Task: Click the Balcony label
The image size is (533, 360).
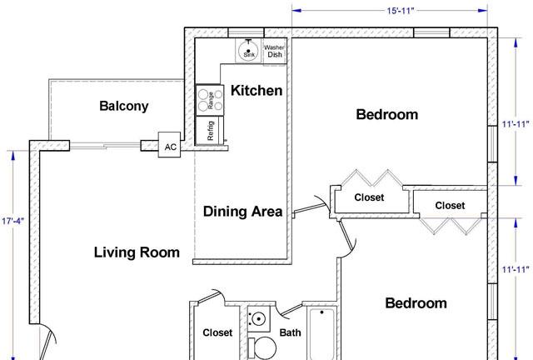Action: pyautogui.click(x=123, y=106)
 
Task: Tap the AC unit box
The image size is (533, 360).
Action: pyautogui.click(x=170, y=147)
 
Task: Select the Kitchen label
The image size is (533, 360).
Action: pyautogui.click(x=256, y=90)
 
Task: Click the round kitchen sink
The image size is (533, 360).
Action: pyautogui.click(x=247, y=51)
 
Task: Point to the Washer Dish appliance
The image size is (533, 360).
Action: pyautogui.click(x=275, y=51)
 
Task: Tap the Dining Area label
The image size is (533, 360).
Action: pyautogui.click(x=242, y=212)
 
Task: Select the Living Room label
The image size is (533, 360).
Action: pyautogui.click(x=137, y=252)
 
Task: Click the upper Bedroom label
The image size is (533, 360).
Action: pyautogui.click(x=386, y=114)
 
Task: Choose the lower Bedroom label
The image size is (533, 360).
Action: pyautogui.click(x=416, y=303)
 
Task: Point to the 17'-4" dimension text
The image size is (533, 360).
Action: pyautogui.click(x=14, y=222)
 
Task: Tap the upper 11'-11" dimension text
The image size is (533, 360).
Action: pyautogui.click(x=516, y=124)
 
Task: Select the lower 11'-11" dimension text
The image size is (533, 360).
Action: pyautogui.click(x=516, y=269)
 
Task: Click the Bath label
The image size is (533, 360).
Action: pyautogui.click(x=291, y=333)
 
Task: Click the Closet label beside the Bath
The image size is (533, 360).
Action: pyautogui.click(x=217, y=333)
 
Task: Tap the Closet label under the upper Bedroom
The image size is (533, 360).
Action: pyautogui.click(x=369, y=198)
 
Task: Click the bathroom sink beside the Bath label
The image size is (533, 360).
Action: pyautogui.click(x=257, y=320)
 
